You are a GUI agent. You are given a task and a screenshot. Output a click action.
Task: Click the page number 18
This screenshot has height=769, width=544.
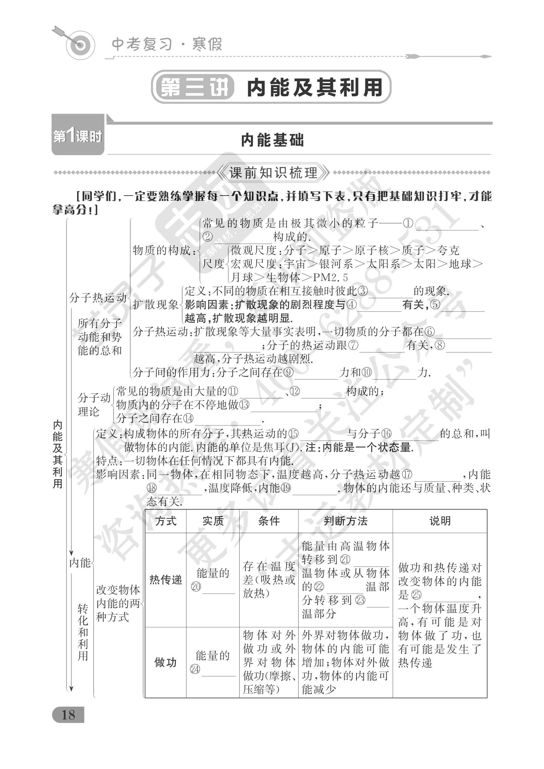[68, 715]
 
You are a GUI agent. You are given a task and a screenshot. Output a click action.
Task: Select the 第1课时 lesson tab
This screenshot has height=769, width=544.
[78, 137]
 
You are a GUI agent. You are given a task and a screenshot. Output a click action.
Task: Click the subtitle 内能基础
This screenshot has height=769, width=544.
[273, 140]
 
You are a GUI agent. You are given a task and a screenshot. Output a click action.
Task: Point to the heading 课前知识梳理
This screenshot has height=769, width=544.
[273, 173]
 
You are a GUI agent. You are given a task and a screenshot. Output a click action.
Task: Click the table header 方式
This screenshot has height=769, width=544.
[166, 521]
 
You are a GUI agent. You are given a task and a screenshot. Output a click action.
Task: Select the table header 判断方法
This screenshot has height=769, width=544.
[345, 521]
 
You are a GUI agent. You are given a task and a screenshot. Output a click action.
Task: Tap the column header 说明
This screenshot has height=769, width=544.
[440, 521]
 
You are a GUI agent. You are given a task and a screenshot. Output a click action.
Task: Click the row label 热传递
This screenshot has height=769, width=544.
[166, 580]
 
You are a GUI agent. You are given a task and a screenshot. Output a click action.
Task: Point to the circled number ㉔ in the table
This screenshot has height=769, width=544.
[195, 669]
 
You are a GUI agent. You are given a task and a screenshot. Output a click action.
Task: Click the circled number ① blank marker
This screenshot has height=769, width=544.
[408, 224]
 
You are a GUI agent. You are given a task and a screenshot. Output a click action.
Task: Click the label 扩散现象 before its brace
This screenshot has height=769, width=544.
[156, 304]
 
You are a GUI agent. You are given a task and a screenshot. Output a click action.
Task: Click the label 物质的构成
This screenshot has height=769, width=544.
[161, 250]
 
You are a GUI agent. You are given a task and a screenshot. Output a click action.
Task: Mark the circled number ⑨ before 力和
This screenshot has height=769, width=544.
[289, 372]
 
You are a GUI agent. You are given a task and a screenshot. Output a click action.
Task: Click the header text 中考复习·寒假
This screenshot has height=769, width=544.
[167, 45]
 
